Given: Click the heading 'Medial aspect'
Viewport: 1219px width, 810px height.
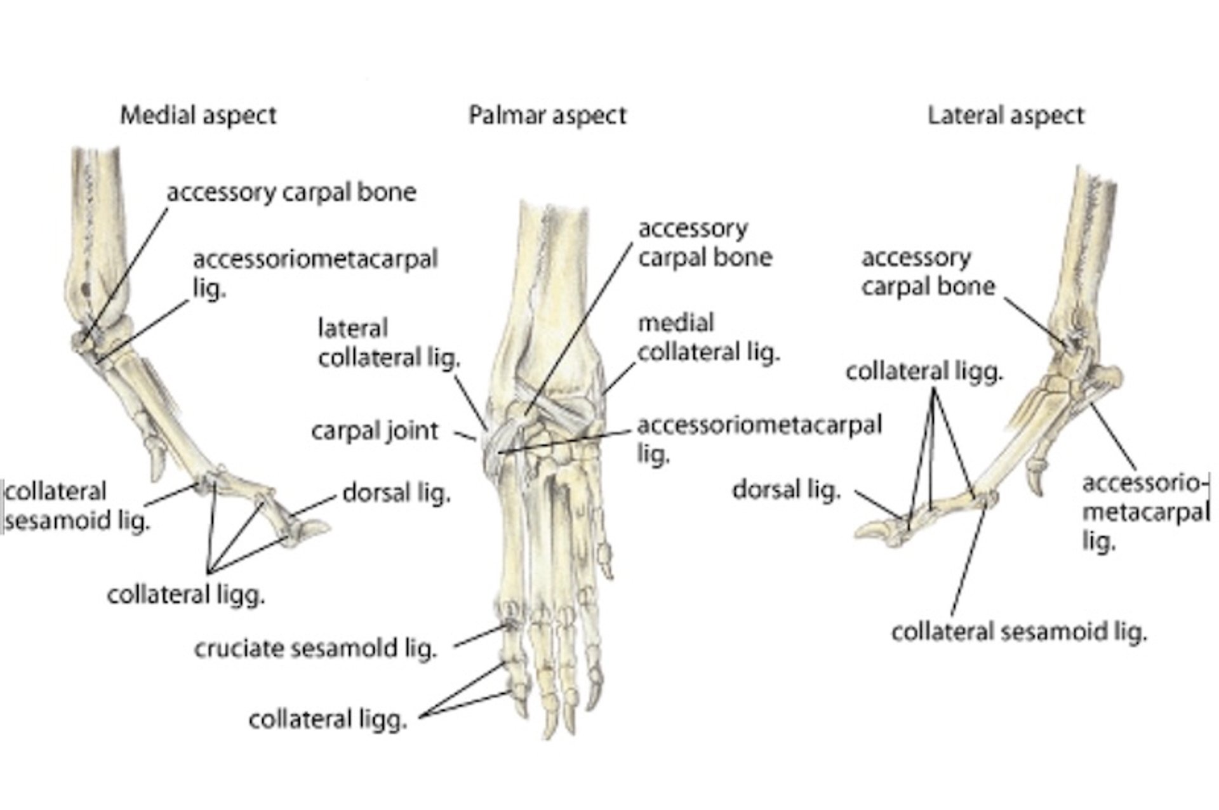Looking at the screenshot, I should [198, 116].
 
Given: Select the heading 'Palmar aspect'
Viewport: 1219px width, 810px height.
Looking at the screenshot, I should [547, 116].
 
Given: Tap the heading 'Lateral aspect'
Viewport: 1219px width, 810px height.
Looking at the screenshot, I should [1006, 116].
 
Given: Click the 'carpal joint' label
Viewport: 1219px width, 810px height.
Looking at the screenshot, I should [375, 431].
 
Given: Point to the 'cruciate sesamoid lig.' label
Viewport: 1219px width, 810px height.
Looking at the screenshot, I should [316, 649].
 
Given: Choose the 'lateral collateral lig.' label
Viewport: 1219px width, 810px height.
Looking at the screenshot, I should [389, 343].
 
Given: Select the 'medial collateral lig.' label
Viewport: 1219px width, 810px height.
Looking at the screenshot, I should [708, 337].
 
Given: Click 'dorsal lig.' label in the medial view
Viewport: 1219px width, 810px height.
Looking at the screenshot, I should [396, 493].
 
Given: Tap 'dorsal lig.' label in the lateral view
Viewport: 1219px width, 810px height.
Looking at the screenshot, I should [786, 489].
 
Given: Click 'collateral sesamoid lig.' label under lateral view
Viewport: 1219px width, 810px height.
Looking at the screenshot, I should [1019, 632].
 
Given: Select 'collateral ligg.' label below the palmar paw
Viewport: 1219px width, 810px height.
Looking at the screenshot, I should [328, 719].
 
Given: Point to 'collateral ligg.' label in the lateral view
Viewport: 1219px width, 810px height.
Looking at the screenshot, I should [924, 371].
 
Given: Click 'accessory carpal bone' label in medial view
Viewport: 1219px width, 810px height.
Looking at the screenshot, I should [291, 192].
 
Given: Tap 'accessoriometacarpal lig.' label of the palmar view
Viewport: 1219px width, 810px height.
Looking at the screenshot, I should [759, 439].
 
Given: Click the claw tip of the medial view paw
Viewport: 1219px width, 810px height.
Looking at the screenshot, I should [328, 526].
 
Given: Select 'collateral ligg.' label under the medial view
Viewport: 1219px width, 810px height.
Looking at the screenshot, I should [185, 595].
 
